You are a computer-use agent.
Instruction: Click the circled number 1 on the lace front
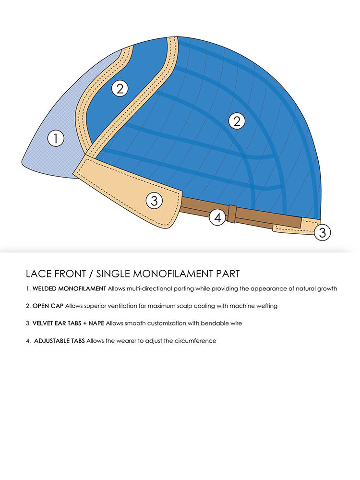(56, 139)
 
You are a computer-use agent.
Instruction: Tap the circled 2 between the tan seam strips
(120, 88)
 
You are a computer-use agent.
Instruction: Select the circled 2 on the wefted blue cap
(237, 121)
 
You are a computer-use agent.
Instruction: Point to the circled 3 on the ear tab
(154, 201)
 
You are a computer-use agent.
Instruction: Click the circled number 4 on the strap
(217, 217)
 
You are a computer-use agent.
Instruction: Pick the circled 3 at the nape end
(323, 233)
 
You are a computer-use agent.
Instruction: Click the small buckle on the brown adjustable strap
(232, 214)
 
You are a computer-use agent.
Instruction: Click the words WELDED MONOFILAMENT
(69, 289)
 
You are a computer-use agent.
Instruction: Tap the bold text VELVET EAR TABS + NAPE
(68, 324)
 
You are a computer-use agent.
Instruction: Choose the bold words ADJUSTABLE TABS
(60, 341)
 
